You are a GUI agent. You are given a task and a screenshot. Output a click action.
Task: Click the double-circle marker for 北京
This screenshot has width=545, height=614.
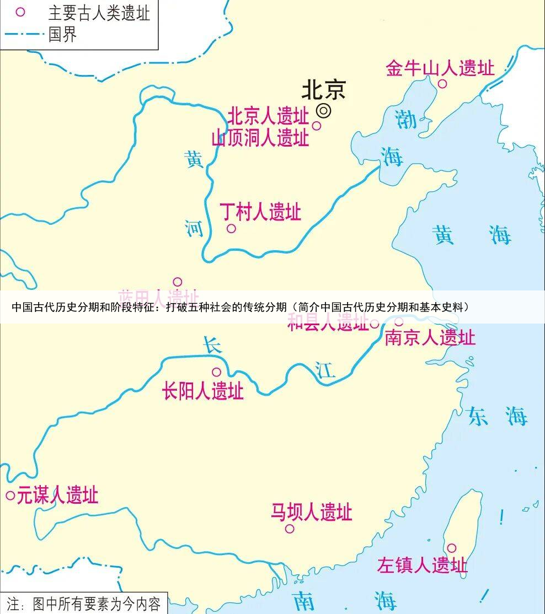coord(324,111)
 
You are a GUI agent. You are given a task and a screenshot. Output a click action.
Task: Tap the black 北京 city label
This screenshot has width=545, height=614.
coord(323,90)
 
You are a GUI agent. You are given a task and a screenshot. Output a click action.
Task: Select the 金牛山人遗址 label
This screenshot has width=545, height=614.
coord(440,68)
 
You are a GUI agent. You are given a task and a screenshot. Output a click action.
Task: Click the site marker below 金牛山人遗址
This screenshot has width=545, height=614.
coord(442,84)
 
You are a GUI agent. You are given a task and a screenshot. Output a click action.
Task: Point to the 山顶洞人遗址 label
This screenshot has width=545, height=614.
coord(260,137)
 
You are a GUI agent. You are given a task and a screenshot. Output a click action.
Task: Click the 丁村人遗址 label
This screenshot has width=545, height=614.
coord(260,212)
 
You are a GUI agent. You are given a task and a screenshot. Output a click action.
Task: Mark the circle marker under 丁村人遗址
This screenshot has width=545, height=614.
coord(232,228)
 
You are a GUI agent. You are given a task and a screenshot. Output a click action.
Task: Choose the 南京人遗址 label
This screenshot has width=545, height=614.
coord(430,337)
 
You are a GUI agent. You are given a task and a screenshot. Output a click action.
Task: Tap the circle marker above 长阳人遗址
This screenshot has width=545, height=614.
coord(217,372)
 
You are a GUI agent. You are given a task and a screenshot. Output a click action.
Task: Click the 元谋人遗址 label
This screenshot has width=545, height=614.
coord(57,495)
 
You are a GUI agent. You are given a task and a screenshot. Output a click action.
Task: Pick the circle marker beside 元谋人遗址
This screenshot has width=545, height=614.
coord(10,495)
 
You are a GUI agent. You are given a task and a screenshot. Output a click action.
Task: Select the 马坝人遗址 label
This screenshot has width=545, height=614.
coord(311,513)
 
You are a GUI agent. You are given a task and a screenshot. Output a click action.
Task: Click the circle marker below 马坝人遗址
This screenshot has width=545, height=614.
coord(290,529)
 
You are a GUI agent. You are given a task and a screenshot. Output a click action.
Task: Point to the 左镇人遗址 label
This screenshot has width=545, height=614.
coord(422,565)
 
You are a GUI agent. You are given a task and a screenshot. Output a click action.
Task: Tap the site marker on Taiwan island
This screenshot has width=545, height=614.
coord(451,548)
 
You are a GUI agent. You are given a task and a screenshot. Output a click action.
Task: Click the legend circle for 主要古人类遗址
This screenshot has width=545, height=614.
coord(20,12)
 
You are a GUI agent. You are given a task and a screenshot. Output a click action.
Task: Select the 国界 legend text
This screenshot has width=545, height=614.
coord(62,34)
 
